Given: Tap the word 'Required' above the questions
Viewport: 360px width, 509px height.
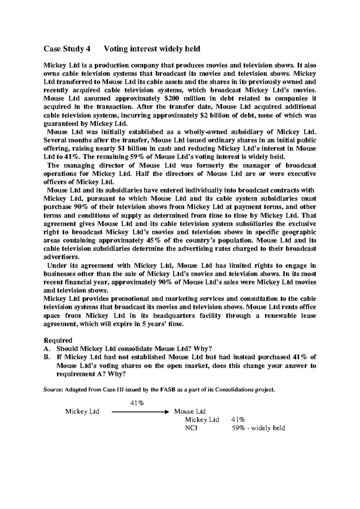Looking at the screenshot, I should tap(58, 340).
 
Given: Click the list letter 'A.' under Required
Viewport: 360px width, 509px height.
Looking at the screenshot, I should tap(46, 349).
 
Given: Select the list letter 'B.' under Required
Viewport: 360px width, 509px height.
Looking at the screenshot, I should tap(46, 357).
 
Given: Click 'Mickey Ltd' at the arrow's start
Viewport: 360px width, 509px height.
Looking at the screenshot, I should tap(82, 411).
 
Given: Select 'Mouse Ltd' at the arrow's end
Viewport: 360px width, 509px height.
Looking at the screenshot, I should tap(190, 411).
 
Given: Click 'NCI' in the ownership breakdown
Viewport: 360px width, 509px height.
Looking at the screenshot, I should tap(191, 428).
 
